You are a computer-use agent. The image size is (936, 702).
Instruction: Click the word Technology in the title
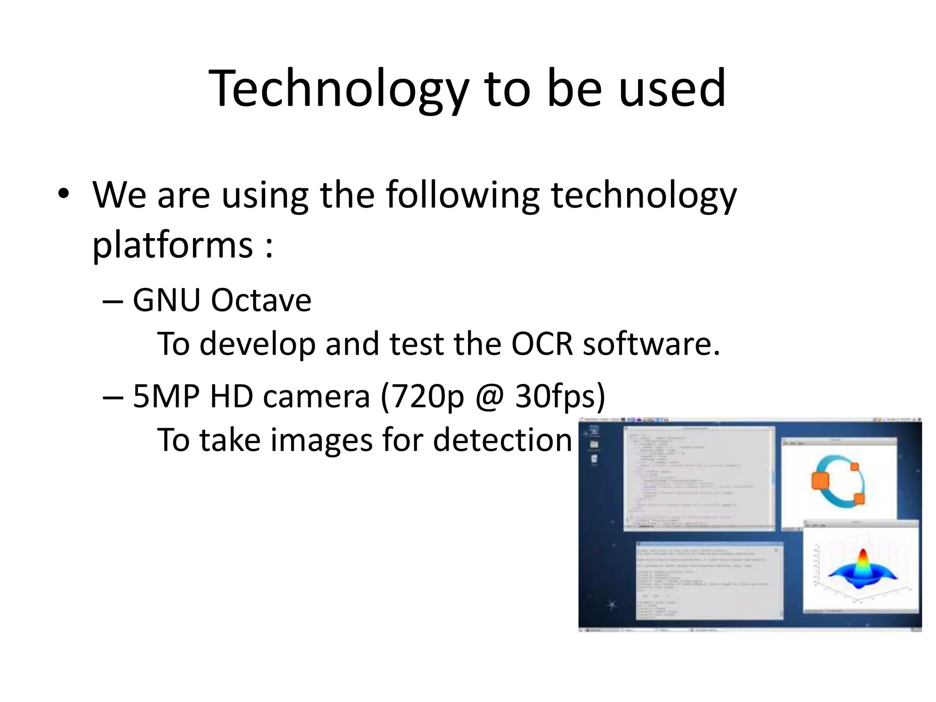click(338, 89)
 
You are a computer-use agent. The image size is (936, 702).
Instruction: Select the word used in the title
click(672, 89)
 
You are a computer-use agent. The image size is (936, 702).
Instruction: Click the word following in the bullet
click(463, 196)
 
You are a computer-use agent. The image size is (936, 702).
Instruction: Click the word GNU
click(167, 301)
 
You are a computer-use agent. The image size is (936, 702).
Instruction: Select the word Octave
click(261, 301)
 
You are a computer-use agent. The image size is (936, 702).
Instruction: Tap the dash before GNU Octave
click(112, 302)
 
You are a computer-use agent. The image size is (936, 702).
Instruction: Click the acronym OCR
click(542, 344)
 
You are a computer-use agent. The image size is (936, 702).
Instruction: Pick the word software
click(651, 344)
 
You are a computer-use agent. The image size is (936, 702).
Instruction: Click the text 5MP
click(166, 396)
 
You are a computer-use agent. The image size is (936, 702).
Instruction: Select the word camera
click(316, 396)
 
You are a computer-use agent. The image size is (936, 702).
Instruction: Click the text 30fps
click(560, 396)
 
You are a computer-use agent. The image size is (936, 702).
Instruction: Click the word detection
click(502, 440)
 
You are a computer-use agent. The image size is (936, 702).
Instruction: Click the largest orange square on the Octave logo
click(820, 481)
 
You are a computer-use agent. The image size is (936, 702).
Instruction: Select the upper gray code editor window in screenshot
click(699, 478)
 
